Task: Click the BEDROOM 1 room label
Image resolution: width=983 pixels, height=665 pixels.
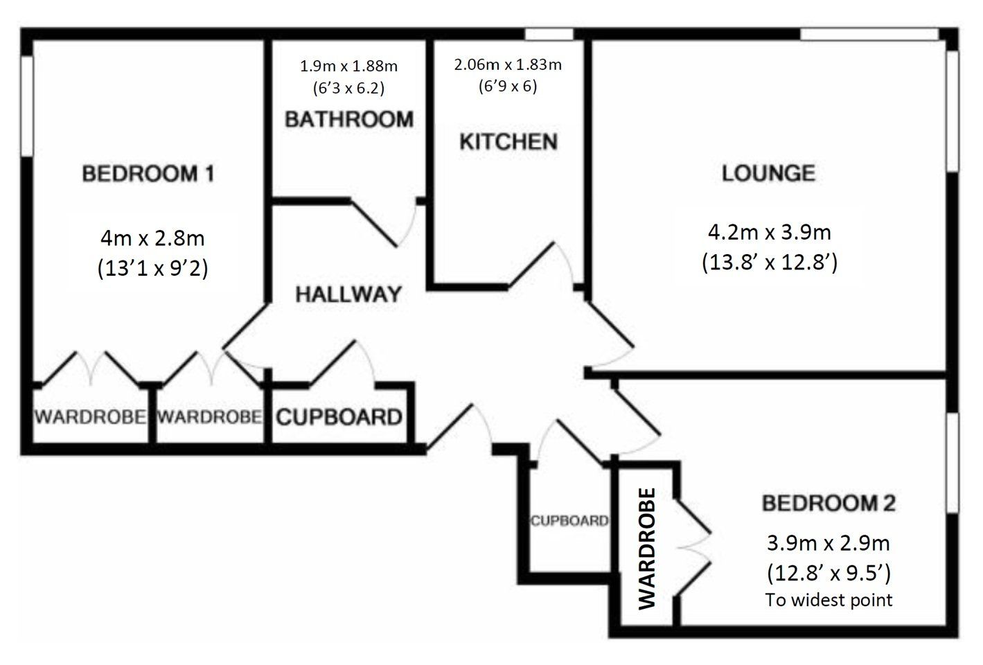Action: tap(148, 173)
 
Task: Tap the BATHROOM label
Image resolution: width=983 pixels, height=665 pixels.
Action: tap(349, 119)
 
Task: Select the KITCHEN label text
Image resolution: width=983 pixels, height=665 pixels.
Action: tap(508, 141)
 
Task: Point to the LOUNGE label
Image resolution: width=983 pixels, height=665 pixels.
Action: tap(768, 173)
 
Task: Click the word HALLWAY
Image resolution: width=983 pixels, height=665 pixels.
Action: tap(348, 294)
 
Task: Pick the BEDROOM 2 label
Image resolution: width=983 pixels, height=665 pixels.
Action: tap(829, 503)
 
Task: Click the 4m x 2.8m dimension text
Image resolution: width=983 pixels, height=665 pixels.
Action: tap(152, 238)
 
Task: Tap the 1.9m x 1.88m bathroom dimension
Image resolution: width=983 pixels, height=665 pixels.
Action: tap(348, 66)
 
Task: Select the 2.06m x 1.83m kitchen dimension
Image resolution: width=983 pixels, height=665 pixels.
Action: tap(508, 64)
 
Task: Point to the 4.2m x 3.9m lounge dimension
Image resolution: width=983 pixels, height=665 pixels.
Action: tap(769, 232)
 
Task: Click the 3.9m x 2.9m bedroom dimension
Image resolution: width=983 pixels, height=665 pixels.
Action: tap(828, 543)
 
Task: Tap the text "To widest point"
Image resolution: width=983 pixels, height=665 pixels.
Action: tap(829, 600)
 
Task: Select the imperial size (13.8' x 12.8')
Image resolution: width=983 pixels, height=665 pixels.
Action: tap(770, 263)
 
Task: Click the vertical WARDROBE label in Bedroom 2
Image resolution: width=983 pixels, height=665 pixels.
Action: tap(646, 549)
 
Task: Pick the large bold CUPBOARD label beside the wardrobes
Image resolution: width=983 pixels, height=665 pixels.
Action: tap(339, 417)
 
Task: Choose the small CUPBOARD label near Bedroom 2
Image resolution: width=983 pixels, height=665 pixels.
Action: tap(569, 521)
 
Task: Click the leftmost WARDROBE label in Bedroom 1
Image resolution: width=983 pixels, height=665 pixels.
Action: tap(90, 416)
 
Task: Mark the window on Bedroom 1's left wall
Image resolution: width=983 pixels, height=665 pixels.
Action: tap(27, 106)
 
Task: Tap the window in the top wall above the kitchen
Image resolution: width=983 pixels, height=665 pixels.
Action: tap(549, 34)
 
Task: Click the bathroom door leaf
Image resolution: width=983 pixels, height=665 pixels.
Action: tap(374, 224)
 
